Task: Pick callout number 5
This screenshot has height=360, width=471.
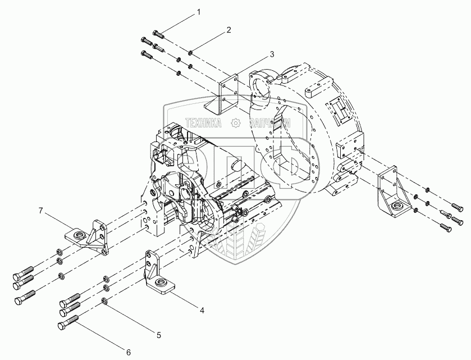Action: [x=159, y=335]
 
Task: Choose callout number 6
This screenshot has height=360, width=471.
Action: [x=128, y=352]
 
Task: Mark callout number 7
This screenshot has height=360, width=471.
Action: [x=40, y=211]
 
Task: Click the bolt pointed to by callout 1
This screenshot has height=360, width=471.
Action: [x=157, y=33]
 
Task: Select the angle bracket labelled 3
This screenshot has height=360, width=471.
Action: [x=226, y=96]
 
